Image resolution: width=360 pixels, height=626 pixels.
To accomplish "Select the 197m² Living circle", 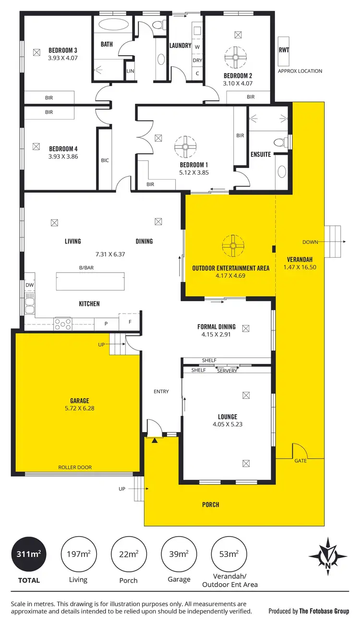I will pyautogui.click(x=78, y=554).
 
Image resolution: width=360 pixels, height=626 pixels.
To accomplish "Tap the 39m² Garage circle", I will pyautogui.click(x=179, y=554).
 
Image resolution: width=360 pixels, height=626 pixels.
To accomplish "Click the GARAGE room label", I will pyautogui.click(x=79, y=401).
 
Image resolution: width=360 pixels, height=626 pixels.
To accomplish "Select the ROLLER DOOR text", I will pyautogui.click(x=75, y=467).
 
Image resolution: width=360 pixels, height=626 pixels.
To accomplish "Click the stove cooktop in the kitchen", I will pyautogui.click(x=62, y=324).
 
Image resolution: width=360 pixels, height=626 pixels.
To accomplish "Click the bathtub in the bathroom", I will pyautogui.click(x=113, y=26).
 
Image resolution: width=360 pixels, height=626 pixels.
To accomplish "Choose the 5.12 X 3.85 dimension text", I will pyautogui.click(x=194, y=172).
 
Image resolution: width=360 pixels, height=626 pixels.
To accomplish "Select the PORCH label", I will pyautogui.click(x=211, y=505).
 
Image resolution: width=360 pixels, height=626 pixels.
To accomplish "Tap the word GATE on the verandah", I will pyautogui.click(x=300, y=461).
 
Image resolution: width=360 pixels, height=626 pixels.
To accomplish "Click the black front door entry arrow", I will pyautogui.click(x=155, y=440).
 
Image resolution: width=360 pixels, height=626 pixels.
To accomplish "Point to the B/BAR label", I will pyautogui.click(x=86, y=268).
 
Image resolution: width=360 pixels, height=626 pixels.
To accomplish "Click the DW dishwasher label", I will pyautogui.click(x=29, y=285).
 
